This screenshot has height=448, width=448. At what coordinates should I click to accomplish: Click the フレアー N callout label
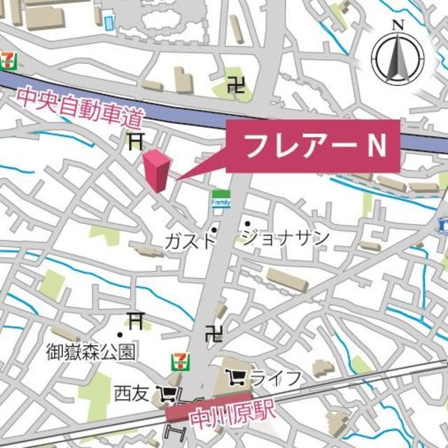coord(313,146)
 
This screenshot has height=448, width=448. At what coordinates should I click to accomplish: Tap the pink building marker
coord(157,170)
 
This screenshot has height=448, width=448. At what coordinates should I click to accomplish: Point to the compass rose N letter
coord(398,25)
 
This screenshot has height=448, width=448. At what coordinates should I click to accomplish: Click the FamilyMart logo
coord(220,198)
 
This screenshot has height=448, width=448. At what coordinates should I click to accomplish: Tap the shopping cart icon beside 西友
coord(167,394)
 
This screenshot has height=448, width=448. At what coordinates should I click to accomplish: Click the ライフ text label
coord(276,379)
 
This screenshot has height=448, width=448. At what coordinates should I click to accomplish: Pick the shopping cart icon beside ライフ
coord(237,379)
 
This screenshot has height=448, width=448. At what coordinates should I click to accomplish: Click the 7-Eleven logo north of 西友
coord(180,361)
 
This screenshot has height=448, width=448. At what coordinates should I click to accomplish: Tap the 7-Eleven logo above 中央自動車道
coord(8,59)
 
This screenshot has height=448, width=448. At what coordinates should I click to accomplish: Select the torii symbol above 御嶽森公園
coord(134,321)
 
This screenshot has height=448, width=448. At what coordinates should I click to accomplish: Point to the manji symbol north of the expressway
coord(237,86)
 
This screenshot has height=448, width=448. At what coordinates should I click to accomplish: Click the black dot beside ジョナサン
coord(247,224)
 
